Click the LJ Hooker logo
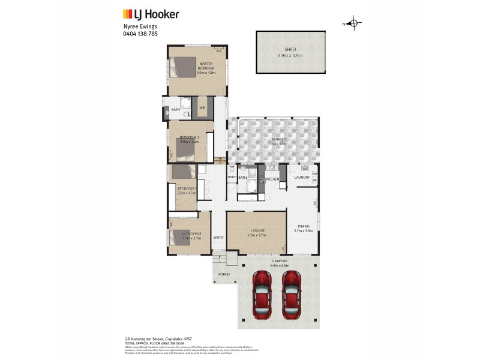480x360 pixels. point(151,14)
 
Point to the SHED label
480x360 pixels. point(290,50)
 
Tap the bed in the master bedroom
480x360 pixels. point(182,67)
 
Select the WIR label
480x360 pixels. point(202,109)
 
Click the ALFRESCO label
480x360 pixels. point(279,139)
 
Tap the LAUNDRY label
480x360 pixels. point(301,177)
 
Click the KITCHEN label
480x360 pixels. point(272,179)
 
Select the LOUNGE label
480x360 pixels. point(256,230)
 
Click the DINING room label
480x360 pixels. point(302,227)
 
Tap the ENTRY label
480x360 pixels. point(218,237)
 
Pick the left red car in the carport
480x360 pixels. point(263,295)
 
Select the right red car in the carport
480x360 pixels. point(291,295)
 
